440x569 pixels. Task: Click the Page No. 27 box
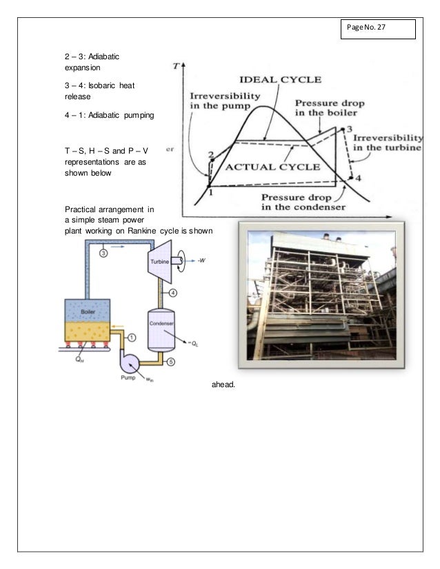(377, 30)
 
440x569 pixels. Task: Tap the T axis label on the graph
(178, 67)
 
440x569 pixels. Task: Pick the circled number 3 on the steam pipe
(103, 252)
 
